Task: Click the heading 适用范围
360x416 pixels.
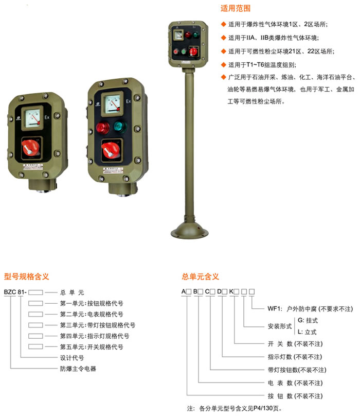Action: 236,8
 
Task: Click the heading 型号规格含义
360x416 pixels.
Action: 27,276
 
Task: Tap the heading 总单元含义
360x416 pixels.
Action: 201,276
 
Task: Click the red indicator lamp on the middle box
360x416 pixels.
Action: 103,128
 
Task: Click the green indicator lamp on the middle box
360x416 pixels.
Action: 120,126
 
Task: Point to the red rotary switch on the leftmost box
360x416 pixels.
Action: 31,148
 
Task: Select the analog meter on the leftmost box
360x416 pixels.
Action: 32,118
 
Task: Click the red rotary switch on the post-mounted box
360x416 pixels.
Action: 193,51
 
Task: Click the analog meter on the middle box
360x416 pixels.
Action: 113,104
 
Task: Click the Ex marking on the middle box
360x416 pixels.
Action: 129,101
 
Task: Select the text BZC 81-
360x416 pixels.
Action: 15,292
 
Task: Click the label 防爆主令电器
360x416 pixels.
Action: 78,369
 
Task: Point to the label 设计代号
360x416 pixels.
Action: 72,358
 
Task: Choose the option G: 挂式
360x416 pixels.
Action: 308,320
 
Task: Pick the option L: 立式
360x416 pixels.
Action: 307,332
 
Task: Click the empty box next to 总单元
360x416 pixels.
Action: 35,292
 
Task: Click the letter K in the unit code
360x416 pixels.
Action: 231,291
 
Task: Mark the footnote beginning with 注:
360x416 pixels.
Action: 234,408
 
